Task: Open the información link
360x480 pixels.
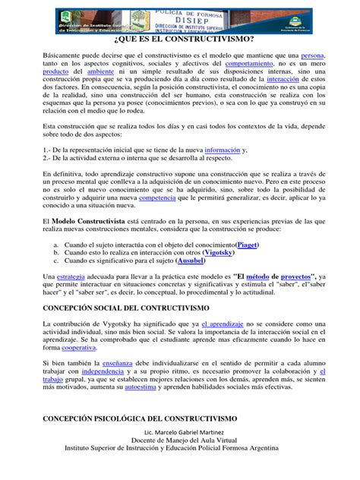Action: pyautogui.click(x=226, y=172)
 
